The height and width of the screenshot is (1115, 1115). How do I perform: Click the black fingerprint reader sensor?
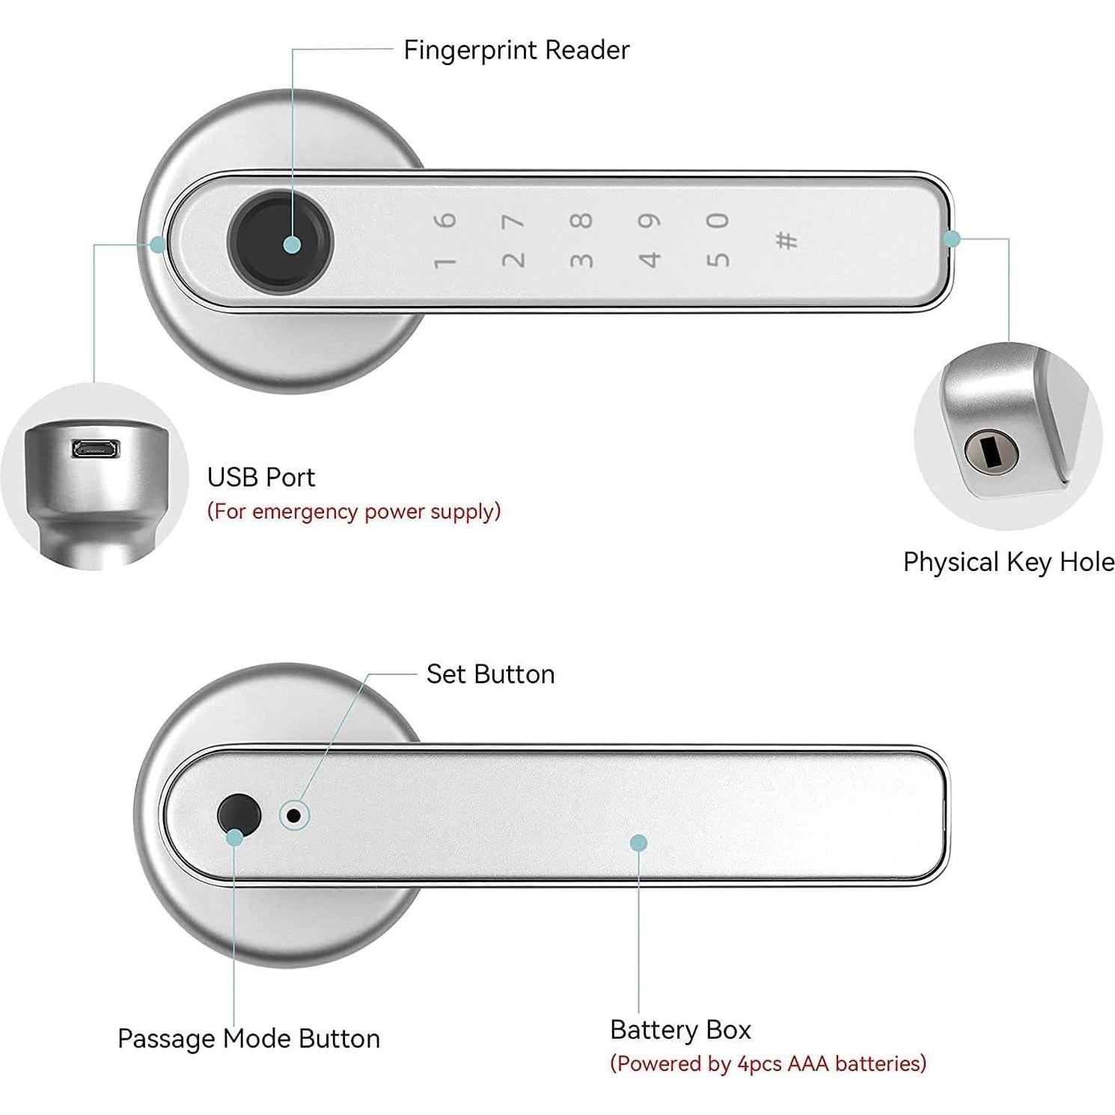click(279, 237)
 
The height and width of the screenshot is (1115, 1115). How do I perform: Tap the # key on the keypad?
click(786, 240)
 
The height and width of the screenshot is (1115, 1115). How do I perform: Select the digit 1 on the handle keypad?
click(445, 262)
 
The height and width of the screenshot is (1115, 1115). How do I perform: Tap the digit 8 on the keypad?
click(581, 221)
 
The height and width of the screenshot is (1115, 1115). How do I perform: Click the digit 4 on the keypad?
click(650, 260)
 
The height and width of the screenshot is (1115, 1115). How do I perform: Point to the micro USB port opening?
click(94, 449)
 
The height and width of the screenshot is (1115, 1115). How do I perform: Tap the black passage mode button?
click(238, 813)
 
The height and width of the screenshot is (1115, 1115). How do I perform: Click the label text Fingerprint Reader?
click(516, 50)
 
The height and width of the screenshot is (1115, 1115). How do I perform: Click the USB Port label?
click(260, 477)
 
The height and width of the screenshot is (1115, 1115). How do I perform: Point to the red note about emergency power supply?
click(353, 512)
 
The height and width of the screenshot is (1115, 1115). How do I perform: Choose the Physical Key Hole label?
click(1008, 562)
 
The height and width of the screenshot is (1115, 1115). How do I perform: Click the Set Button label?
click(490, 674)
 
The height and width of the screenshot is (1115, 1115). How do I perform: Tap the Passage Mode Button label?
click(248, 1039)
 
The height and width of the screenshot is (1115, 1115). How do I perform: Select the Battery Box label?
click(679, 1030)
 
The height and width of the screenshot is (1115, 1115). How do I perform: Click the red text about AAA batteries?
click(768, 1063)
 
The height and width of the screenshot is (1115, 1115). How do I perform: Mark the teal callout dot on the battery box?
click(638, 843)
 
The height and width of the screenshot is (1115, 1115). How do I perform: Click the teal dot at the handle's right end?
click(952, 239)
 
